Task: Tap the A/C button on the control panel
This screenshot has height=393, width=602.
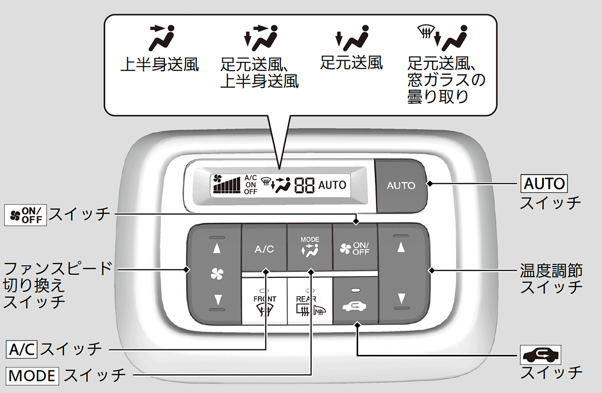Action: point(264,249)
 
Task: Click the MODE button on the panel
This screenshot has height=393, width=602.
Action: point(310,248)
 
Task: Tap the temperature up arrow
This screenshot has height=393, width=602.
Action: point(401,247)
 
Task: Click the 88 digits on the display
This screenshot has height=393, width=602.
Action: point(305,186)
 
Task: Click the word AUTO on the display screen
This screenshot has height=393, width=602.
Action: point(332,185)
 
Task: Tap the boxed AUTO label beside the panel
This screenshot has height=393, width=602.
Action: point(544,183)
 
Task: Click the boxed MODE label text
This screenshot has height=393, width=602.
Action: point(33,374)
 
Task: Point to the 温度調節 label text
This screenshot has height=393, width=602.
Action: point(550,271)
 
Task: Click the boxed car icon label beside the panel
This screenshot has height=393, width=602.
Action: point(541,355)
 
